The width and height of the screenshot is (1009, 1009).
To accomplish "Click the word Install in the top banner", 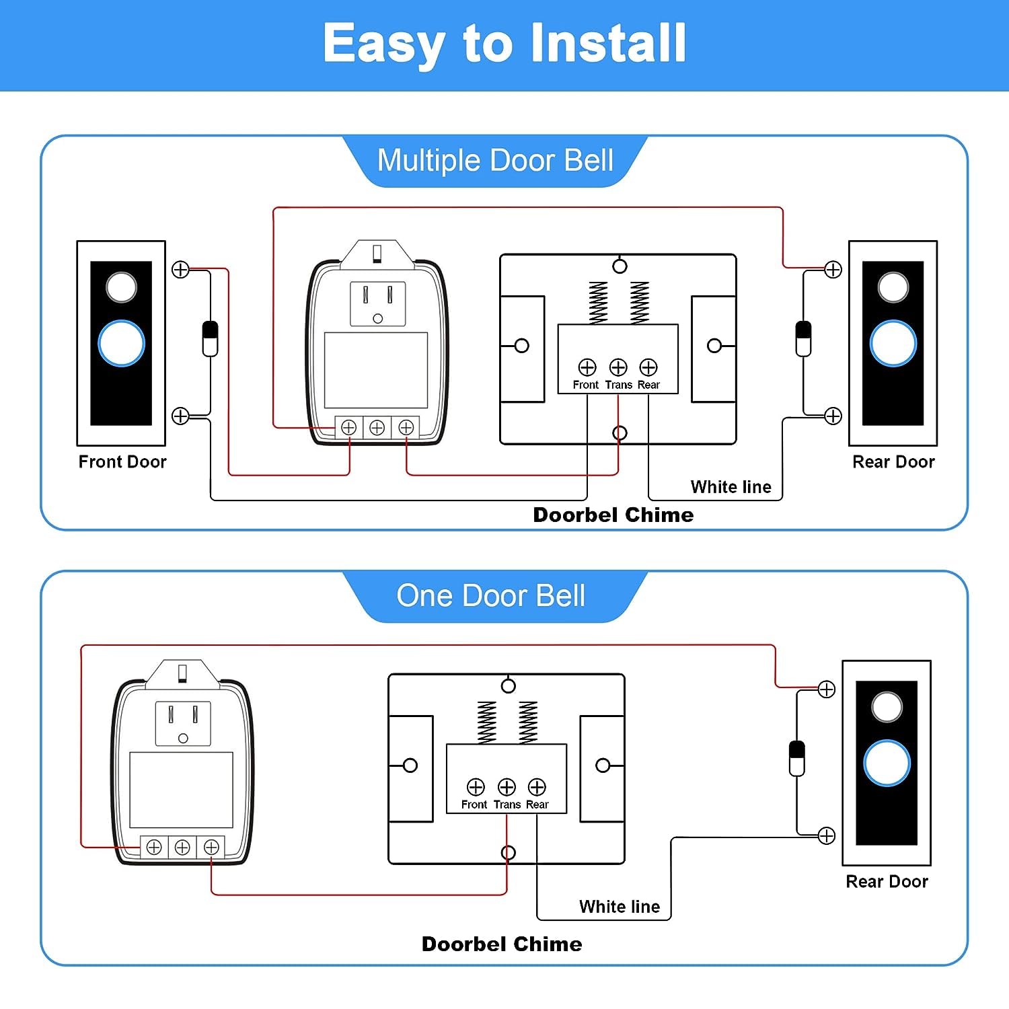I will pyautogui.click(x=608, y=43).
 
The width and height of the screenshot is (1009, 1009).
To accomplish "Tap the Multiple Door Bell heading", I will pyautogui.click(x=495, y=161).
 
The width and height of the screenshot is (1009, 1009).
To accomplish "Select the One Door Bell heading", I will pyautogui.click(x=491, y=596).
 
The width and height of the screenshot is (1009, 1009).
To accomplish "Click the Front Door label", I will pyautogui.click(x=122, y=462).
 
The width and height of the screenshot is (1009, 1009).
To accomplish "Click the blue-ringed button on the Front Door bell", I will pyautogui.click(x=121, y=344).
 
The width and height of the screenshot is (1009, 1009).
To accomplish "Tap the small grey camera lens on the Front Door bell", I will pyautogui.click(x=121, y=287).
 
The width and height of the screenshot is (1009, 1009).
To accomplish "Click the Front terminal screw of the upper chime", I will pyautogui.click(x=587, y=367).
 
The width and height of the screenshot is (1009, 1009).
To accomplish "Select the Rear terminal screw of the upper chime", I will pyautogui.click(x=648, y=367).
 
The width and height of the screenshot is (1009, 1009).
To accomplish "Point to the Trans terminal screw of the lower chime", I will pyautogui.click(x=507, y=787).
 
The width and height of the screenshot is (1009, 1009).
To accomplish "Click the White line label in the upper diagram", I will pyautogui.click(x=731, y=487).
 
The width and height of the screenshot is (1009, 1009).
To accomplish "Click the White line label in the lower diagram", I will pyautogui.click(x=620, y=907).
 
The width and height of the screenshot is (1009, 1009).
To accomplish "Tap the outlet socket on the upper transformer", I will pyautogui.click(x=377, y=303).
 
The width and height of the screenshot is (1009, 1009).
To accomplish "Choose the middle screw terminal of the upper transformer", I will pyautogui.click(x=377, y=428).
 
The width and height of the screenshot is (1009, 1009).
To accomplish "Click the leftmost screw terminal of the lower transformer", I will pyautogui.click(x=154, y=848).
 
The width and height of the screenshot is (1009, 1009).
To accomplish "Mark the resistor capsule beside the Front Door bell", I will pyautogui.click(x=211, y=339).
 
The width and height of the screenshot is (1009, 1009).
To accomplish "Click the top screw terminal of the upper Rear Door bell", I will pyautogui.click(x=833, y=270).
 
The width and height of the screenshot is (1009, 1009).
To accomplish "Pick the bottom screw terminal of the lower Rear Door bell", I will pyautogui.click(x=827, y=836).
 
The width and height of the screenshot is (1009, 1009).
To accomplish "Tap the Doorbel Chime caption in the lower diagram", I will pyautogui.click(x=502, y=944).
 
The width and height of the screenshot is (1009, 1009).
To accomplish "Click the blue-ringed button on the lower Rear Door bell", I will pyautogui.click(x=887, y=763).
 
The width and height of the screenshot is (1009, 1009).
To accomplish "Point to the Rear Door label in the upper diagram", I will pyautogui.click(x=893, y=462).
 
